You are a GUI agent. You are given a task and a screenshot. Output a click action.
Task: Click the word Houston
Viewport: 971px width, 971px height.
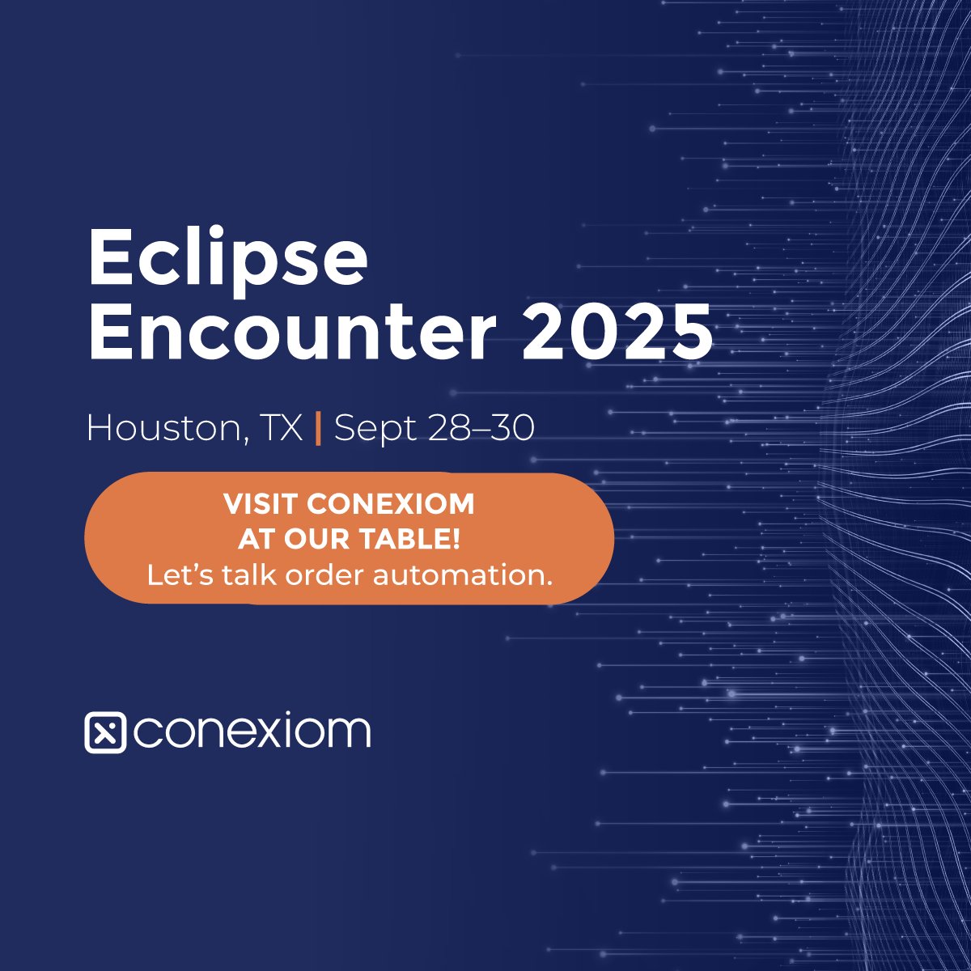tap(162, 428)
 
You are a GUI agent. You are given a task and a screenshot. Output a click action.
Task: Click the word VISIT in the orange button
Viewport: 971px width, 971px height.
tap(261, 504)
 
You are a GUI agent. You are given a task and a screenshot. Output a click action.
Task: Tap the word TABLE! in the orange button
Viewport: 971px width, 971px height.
tap(421, 540)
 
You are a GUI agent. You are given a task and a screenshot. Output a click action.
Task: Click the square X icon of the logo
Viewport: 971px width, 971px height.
tap(105, 733)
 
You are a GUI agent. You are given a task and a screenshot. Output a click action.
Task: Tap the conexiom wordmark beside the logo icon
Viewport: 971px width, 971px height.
tap(252, 731)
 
